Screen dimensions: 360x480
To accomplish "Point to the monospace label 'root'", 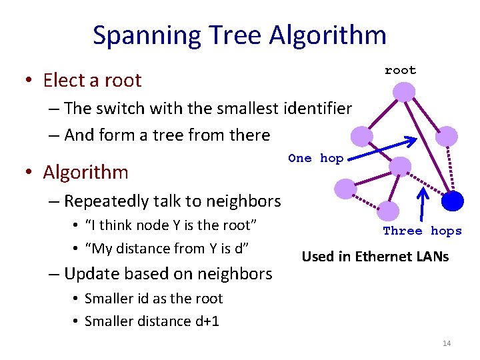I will pos(400,70).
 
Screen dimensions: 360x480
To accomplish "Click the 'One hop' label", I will pos(315,159).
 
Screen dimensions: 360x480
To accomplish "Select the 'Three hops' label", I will pos(422,231).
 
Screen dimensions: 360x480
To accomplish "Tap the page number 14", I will pos(447,343).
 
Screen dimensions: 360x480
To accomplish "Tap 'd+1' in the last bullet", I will pos(207,321).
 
